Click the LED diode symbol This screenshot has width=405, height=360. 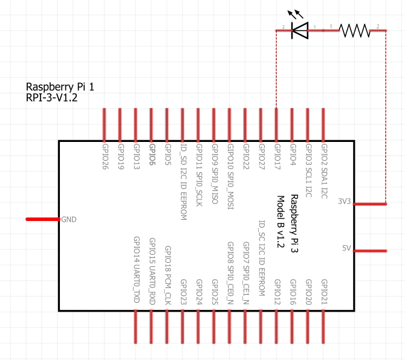point(299,30)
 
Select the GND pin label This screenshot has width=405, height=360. point(69,219)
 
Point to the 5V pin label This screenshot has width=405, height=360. point(346,248)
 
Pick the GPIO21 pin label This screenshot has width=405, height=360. point(324,293)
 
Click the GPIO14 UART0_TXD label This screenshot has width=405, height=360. point(136,269)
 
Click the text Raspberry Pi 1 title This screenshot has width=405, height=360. point(60,87)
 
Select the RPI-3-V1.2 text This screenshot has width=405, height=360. point(51,97)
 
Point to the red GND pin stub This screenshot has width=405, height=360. point(42,219)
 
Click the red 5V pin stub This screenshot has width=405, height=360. point(370,250)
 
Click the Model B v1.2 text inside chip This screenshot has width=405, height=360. point(281,221)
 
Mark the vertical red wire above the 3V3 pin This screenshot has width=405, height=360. point(386,115)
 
